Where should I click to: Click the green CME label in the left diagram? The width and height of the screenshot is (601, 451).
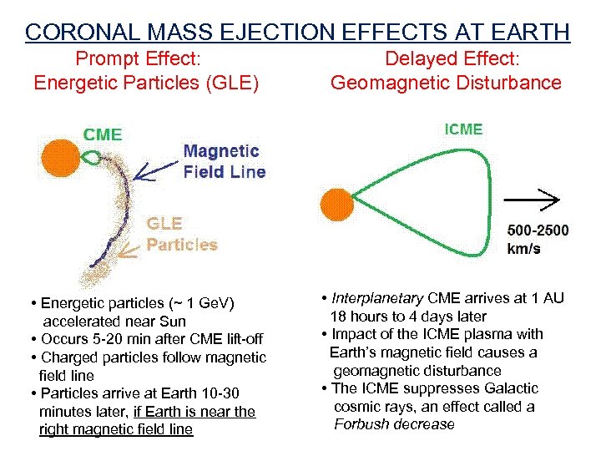click(x=102, y=134)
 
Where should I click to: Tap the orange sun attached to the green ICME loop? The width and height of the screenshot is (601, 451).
click(x=336, y=206)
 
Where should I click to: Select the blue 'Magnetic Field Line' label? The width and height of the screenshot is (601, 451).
click(x=224, y=162)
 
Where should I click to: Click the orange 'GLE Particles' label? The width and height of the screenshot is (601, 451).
click(x=182, y=235)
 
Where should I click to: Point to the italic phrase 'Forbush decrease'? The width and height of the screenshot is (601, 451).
click(x=394, y=425)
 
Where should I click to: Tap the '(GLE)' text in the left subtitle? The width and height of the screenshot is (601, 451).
click(x=230, y=83)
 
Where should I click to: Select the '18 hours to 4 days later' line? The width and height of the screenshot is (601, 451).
click(x=408, y=317)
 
